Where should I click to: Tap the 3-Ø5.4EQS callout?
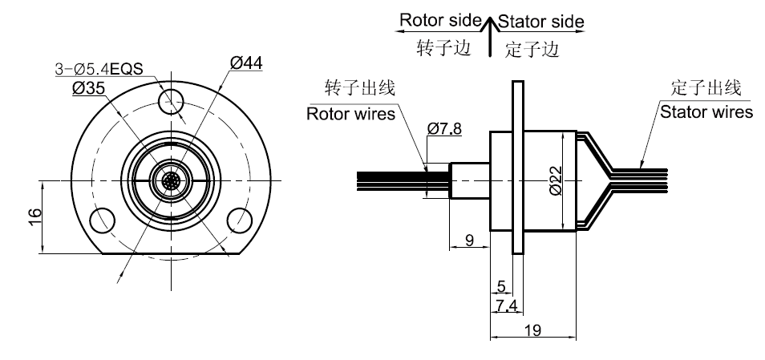(x=99, y=70)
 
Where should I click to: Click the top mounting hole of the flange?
(x=171, y=100)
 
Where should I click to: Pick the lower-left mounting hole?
(x=102, y=218)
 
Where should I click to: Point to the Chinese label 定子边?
(x=532, y=50)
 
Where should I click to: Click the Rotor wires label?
(x=351, y=114)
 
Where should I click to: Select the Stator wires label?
(x=706, y=111)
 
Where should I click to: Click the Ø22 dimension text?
(x=557, y=180)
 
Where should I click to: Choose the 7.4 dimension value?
(x=505, y=304)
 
